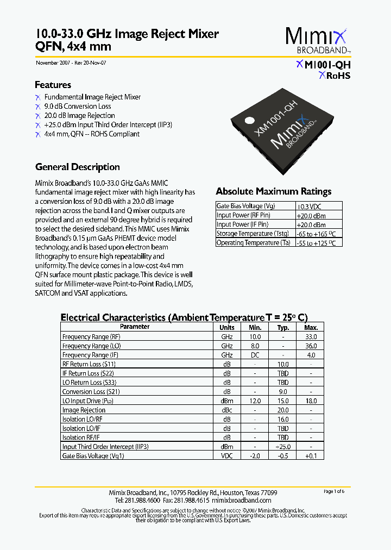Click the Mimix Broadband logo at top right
[x=318, y=41]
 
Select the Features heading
[x=53, y=85]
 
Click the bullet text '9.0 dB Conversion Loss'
[x=78, y=106]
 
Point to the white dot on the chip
[x=249, y=121]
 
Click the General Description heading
[x=78, y=167]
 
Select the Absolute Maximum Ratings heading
[x=273, y=191]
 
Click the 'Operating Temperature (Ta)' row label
[x=253, y=243]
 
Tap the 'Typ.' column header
[x=283, y=327]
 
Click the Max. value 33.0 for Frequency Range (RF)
[x=311, y=336]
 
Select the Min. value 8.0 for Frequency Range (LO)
[x=255, y=346]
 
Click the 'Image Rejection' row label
[x=84, y=410]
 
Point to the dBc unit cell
[x=226, y=410]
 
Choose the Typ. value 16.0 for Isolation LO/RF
[x=283, y=419]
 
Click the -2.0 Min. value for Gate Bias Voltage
[x=255, y=456]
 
